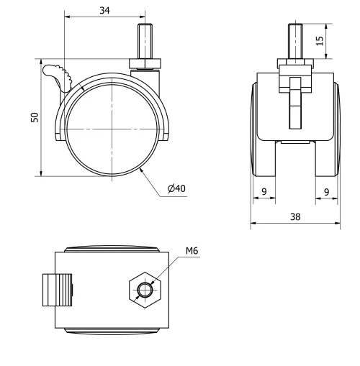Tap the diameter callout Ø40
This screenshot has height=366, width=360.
pyautogui.click(x=176, y=188)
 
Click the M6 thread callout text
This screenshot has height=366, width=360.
pyautogui.click(x=192, y=251)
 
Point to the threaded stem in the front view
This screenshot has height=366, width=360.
pyautogui.click(x=295, y=40)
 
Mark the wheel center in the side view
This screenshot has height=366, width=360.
pyautogui.click(x=113, y=128)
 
